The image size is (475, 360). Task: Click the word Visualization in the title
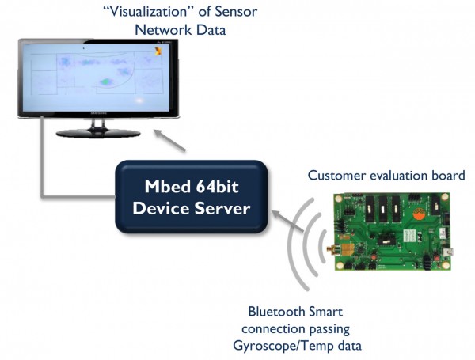(x=149, y=12)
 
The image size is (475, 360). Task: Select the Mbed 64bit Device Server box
(x=191, y=197)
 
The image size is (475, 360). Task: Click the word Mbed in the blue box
(x=168, y=186)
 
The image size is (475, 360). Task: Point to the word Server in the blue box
(x=222, y=208)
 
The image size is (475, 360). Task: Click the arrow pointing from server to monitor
(x=169, y=140)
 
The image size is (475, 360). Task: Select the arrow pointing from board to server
(x=287, y=222)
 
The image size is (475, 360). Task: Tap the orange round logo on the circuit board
(x=420, y=213)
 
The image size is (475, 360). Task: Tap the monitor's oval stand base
(x=98, y=133)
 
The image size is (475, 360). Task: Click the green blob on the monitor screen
(x=106, y=81)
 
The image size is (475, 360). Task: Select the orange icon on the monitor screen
(x=158, y=51)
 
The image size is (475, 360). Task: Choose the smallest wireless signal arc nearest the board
(x=323, y=246)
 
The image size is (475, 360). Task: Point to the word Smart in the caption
(x=325, y=312)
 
